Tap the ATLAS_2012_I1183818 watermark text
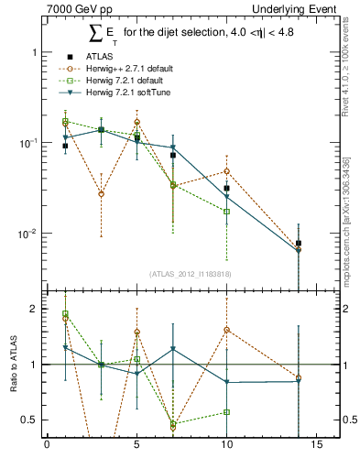click(x=189, y=273)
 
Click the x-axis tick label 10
click(x=226, y=446)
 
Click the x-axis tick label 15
click(x=316, y=446)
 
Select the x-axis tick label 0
click(x=47, y=446)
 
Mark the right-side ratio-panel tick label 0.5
click(x=347, y=420)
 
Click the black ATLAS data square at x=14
click(x=299, y=244)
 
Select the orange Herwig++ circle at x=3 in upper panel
click(x=101, y=194)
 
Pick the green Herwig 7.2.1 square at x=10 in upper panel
click(x=226, y=212)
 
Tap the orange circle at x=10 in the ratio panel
click(x=226, y=330)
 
